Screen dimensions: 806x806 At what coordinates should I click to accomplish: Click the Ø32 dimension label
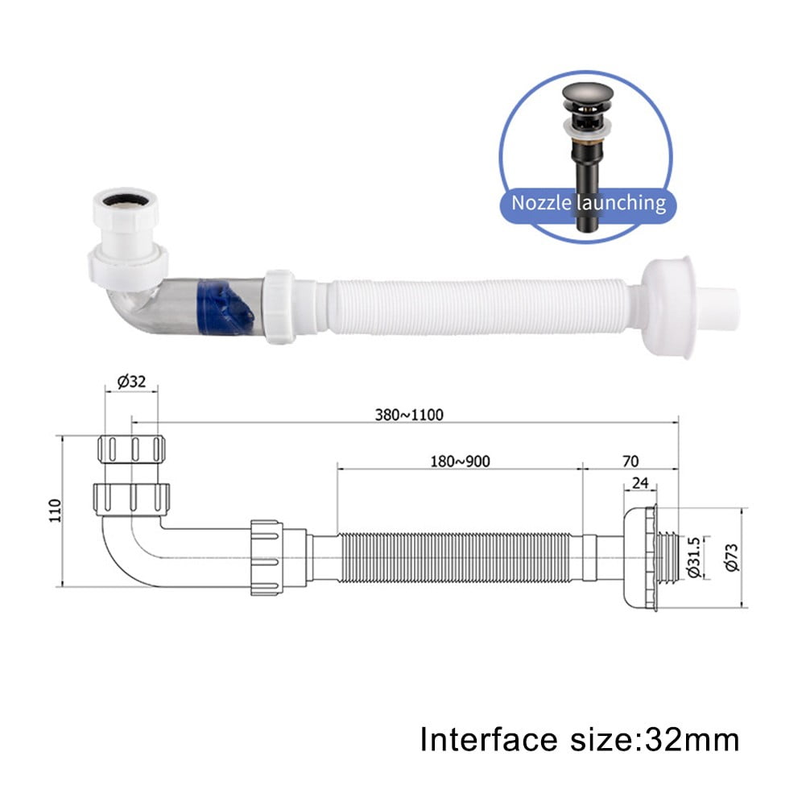coord(130,382)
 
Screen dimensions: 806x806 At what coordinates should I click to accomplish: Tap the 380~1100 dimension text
coord(409,415)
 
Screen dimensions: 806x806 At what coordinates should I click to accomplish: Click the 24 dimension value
coord(640,483)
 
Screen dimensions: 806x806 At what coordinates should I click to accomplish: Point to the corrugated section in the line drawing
coord(459,558)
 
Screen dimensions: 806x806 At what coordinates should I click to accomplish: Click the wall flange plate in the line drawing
coord(639,558)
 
